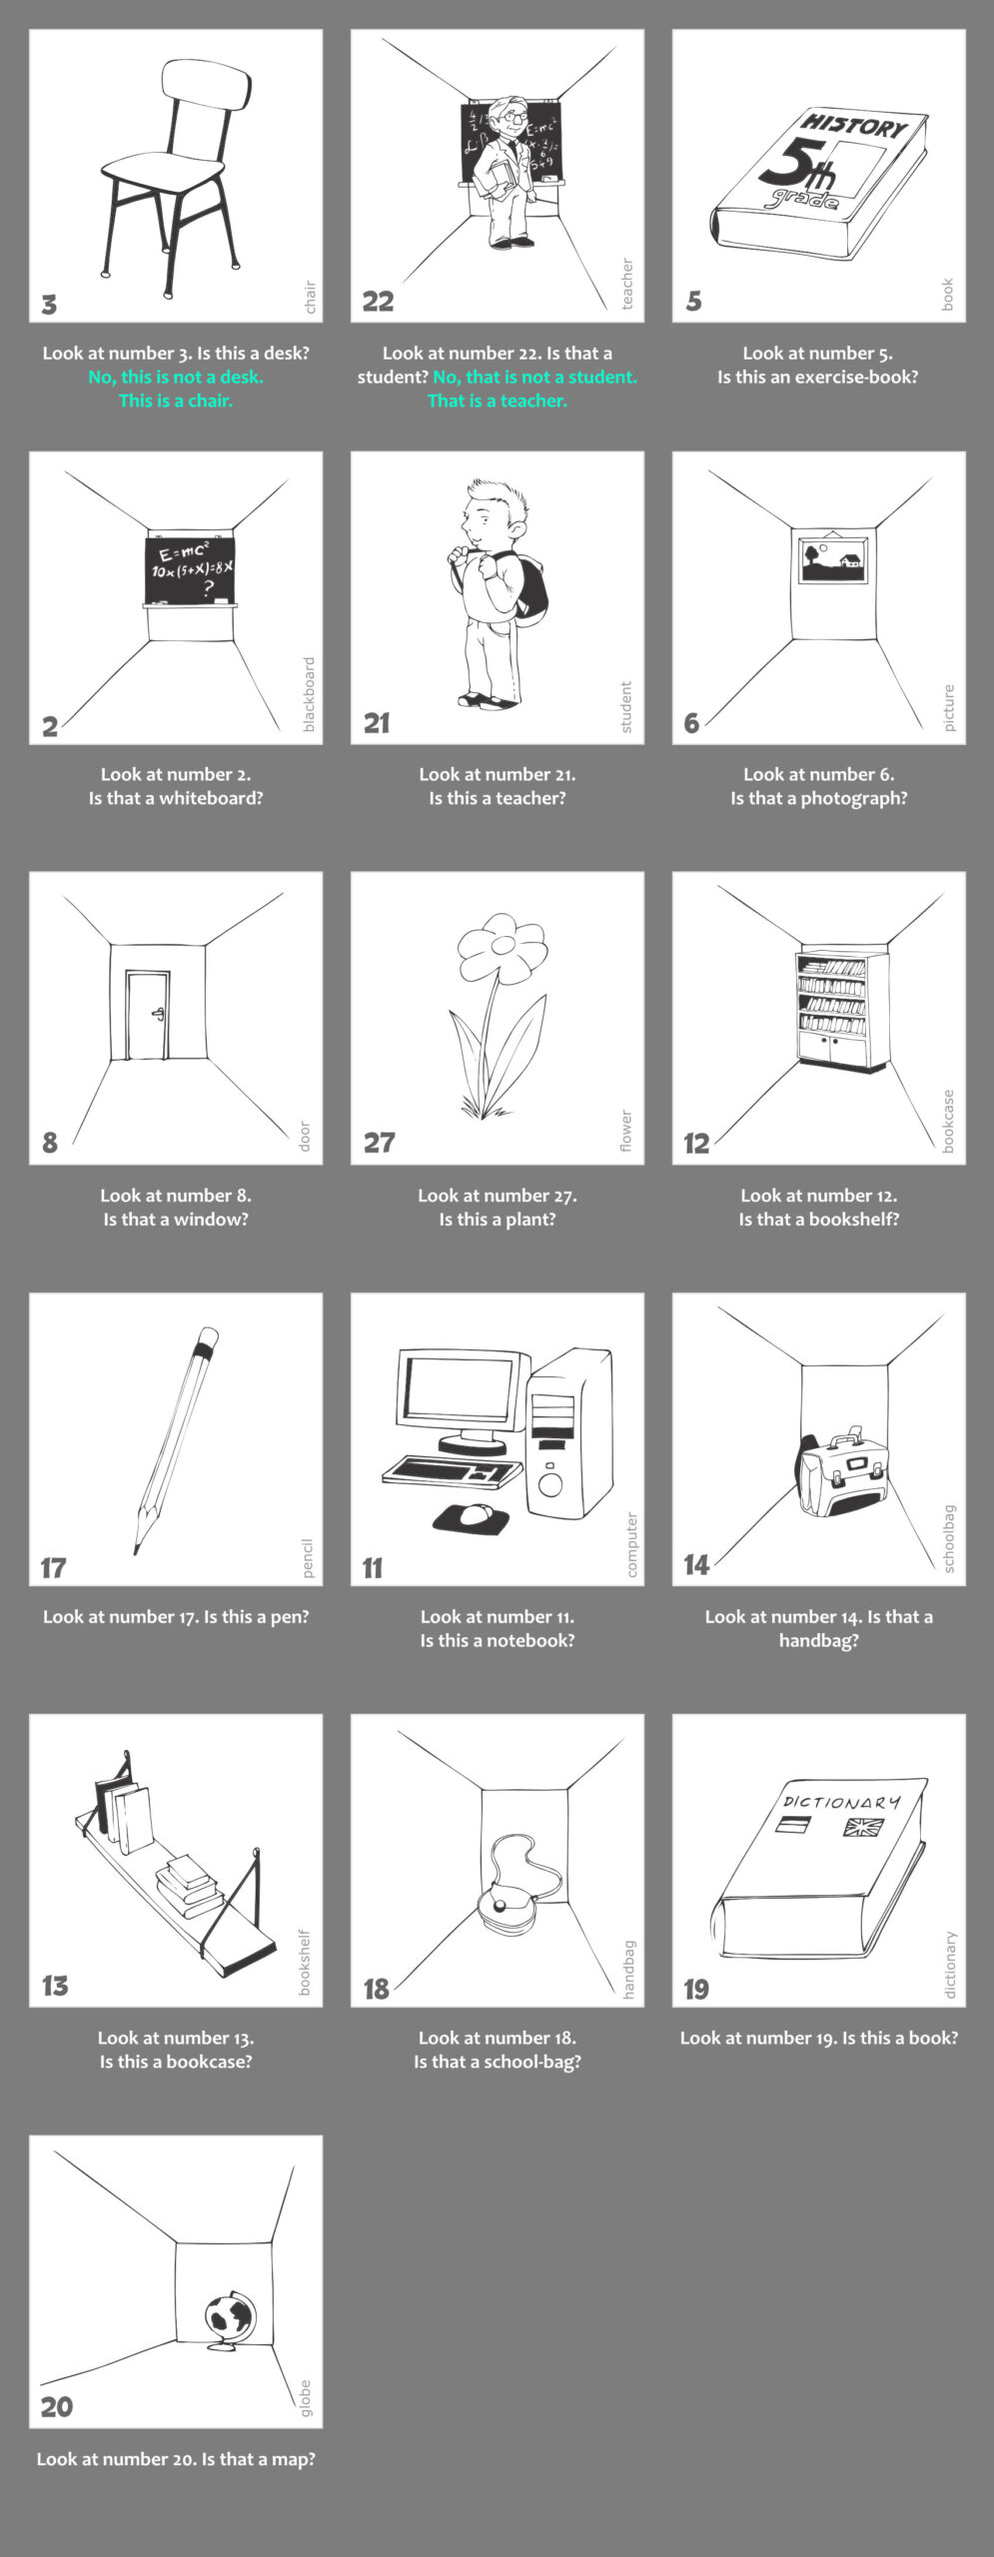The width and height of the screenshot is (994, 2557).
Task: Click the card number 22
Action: click(x=378, y=301)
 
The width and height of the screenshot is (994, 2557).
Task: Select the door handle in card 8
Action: click(x=157, y=1015)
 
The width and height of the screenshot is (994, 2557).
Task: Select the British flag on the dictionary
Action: click(x=863, y=1827)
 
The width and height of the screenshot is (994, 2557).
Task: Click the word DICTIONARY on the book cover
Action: click(x=841, y=1801)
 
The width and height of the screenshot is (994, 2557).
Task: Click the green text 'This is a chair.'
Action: click(x=176, y=401)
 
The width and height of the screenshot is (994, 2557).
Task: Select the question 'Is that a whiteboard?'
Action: click(x=176, y=798)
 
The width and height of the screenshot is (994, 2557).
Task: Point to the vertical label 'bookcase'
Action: click(x=948, y=1121)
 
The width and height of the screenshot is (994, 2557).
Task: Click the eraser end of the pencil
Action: click(x=208, y=1336)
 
